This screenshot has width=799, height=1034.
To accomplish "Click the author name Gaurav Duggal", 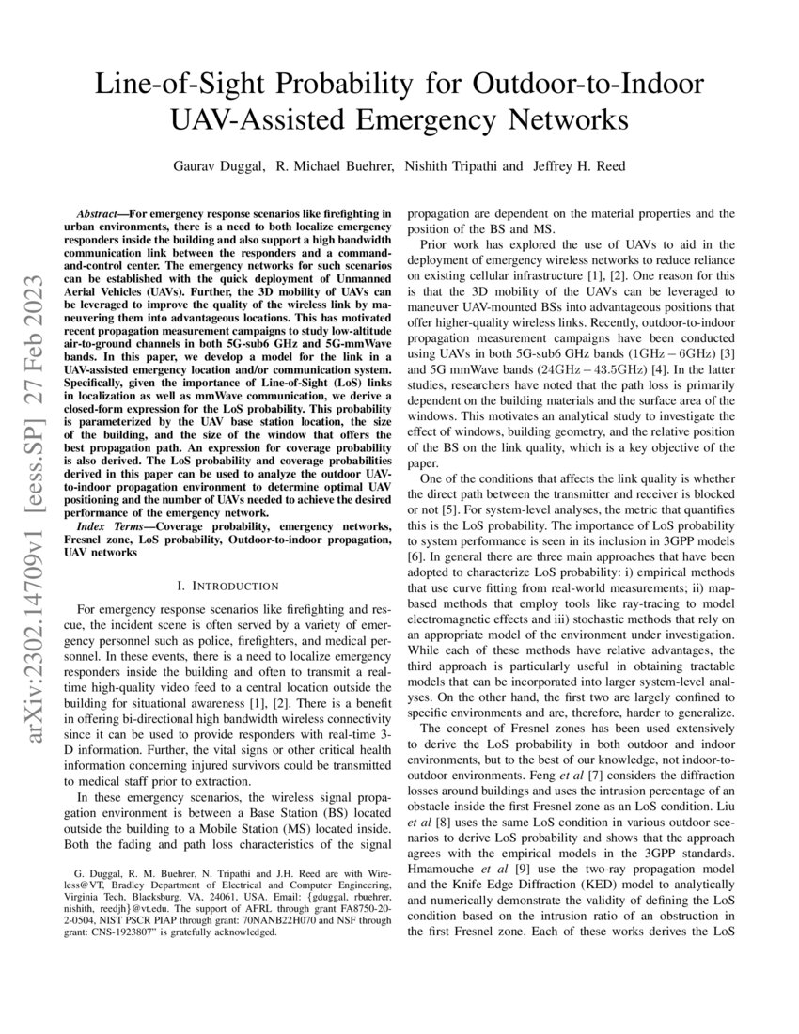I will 217,166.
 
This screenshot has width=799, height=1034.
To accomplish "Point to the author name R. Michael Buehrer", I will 335,166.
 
